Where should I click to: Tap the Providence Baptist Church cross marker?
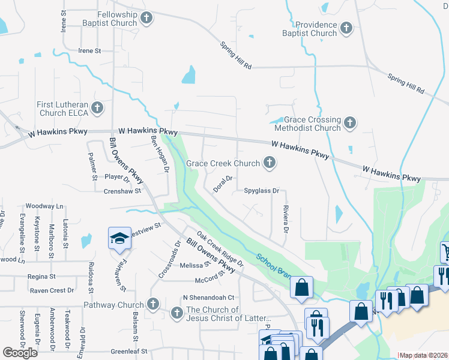coord(346,28)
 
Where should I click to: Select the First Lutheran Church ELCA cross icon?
coord(98,109)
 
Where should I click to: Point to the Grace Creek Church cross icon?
coord(270,163)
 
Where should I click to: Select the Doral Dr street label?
coord(222,184)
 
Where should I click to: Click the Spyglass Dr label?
coord(262,191)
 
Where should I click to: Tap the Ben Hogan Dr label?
coord(159,154)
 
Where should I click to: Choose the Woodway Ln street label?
coord(44,206)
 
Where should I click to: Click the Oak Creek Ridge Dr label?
coord(220,250)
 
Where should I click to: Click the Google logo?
coord(20,353)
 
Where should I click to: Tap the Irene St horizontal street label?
coord(89,51)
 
